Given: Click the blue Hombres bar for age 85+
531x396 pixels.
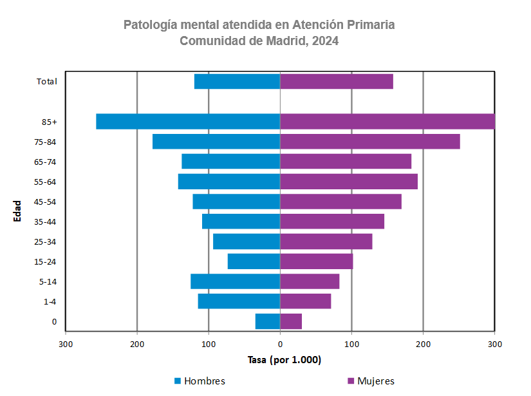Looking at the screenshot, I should pos(188,122).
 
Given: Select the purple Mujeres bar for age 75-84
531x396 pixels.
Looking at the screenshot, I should pos(369,142).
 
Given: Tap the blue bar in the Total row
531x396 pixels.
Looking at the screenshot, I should pos(237,82).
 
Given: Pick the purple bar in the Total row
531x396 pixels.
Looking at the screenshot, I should pos(336,82).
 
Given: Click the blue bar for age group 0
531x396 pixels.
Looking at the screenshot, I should pos(268,321).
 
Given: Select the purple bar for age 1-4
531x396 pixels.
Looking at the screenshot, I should pos(305,301).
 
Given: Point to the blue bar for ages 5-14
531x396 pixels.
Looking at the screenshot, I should pos(235,281).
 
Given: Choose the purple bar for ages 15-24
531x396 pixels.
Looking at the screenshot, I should pos(316,261).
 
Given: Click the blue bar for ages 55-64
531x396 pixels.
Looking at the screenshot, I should pos(229,182).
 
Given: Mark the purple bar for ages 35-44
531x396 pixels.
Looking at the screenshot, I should pos(331,222).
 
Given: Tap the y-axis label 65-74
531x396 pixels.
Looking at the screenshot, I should pos(45,162).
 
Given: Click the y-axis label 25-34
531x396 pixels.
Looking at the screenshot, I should pos(45,242).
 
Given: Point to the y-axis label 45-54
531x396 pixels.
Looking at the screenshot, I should pos(45,202).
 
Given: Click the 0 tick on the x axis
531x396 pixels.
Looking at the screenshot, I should pos(280,344).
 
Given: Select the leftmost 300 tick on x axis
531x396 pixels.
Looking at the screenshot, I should pos(66,344).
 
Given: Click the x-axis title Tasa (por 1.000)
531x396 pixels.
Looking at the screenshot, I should pos(284,360).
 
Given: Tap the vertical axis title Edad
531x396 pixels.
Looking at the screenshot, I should pos(17,211).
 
